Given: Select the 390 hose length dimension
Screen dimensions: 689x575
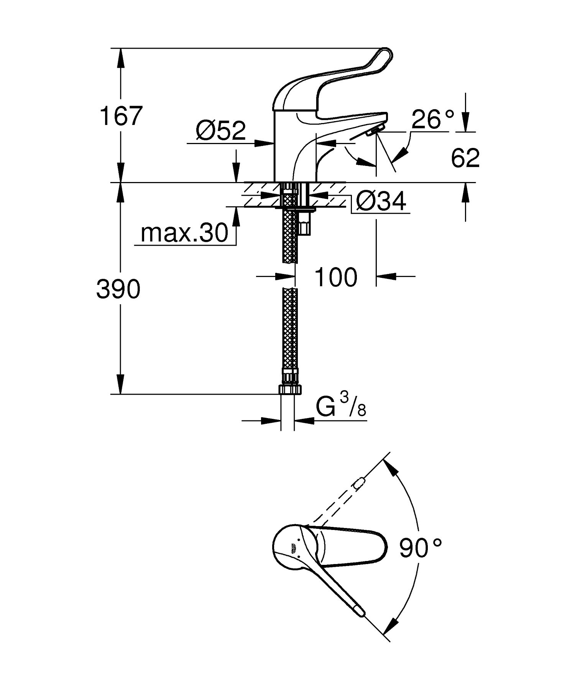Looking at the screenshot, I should (x=118, y=289).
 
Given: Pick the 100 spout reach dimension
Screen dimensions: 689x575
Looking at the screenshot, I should (x=336, y=277).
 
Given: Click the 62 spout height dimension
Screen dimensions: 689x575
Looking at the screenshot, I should (x=465, y=158).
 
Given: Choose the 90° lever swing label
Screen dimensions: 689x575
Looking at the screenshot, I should (x=420, y=548).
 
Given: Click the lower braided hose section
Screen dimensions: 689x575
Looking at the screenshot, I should (x=289, y=328).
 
